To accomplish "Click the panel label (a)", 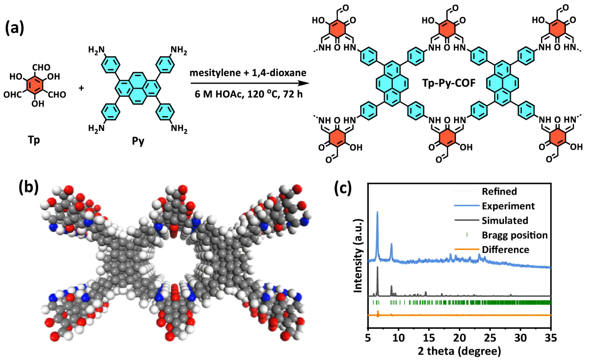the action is [14, 28].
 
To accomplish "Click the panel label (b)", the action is [28, 187].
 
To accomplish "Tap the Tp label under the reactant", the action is [34, 140].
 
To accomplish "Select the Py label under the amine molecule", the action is [138, 141].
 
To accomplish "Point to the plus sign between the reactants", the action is [81, 88].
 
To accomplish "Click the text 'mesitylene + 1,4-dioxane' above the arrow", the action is [248, 72].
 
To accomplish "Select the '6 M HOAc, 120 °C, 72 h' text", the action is [249, 94].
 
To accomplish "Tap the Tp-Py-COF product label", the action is [449, 83].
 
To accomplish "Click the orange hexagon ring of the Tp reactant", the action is [35, 85].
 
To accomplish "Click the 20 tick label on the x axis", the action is [460, 337].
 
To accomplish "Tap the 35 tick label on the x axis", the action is [551, 337].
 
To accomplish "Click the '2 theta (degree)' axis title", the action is [460, 351].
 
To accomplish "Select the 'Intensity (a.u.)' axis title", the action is [358, 255].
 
